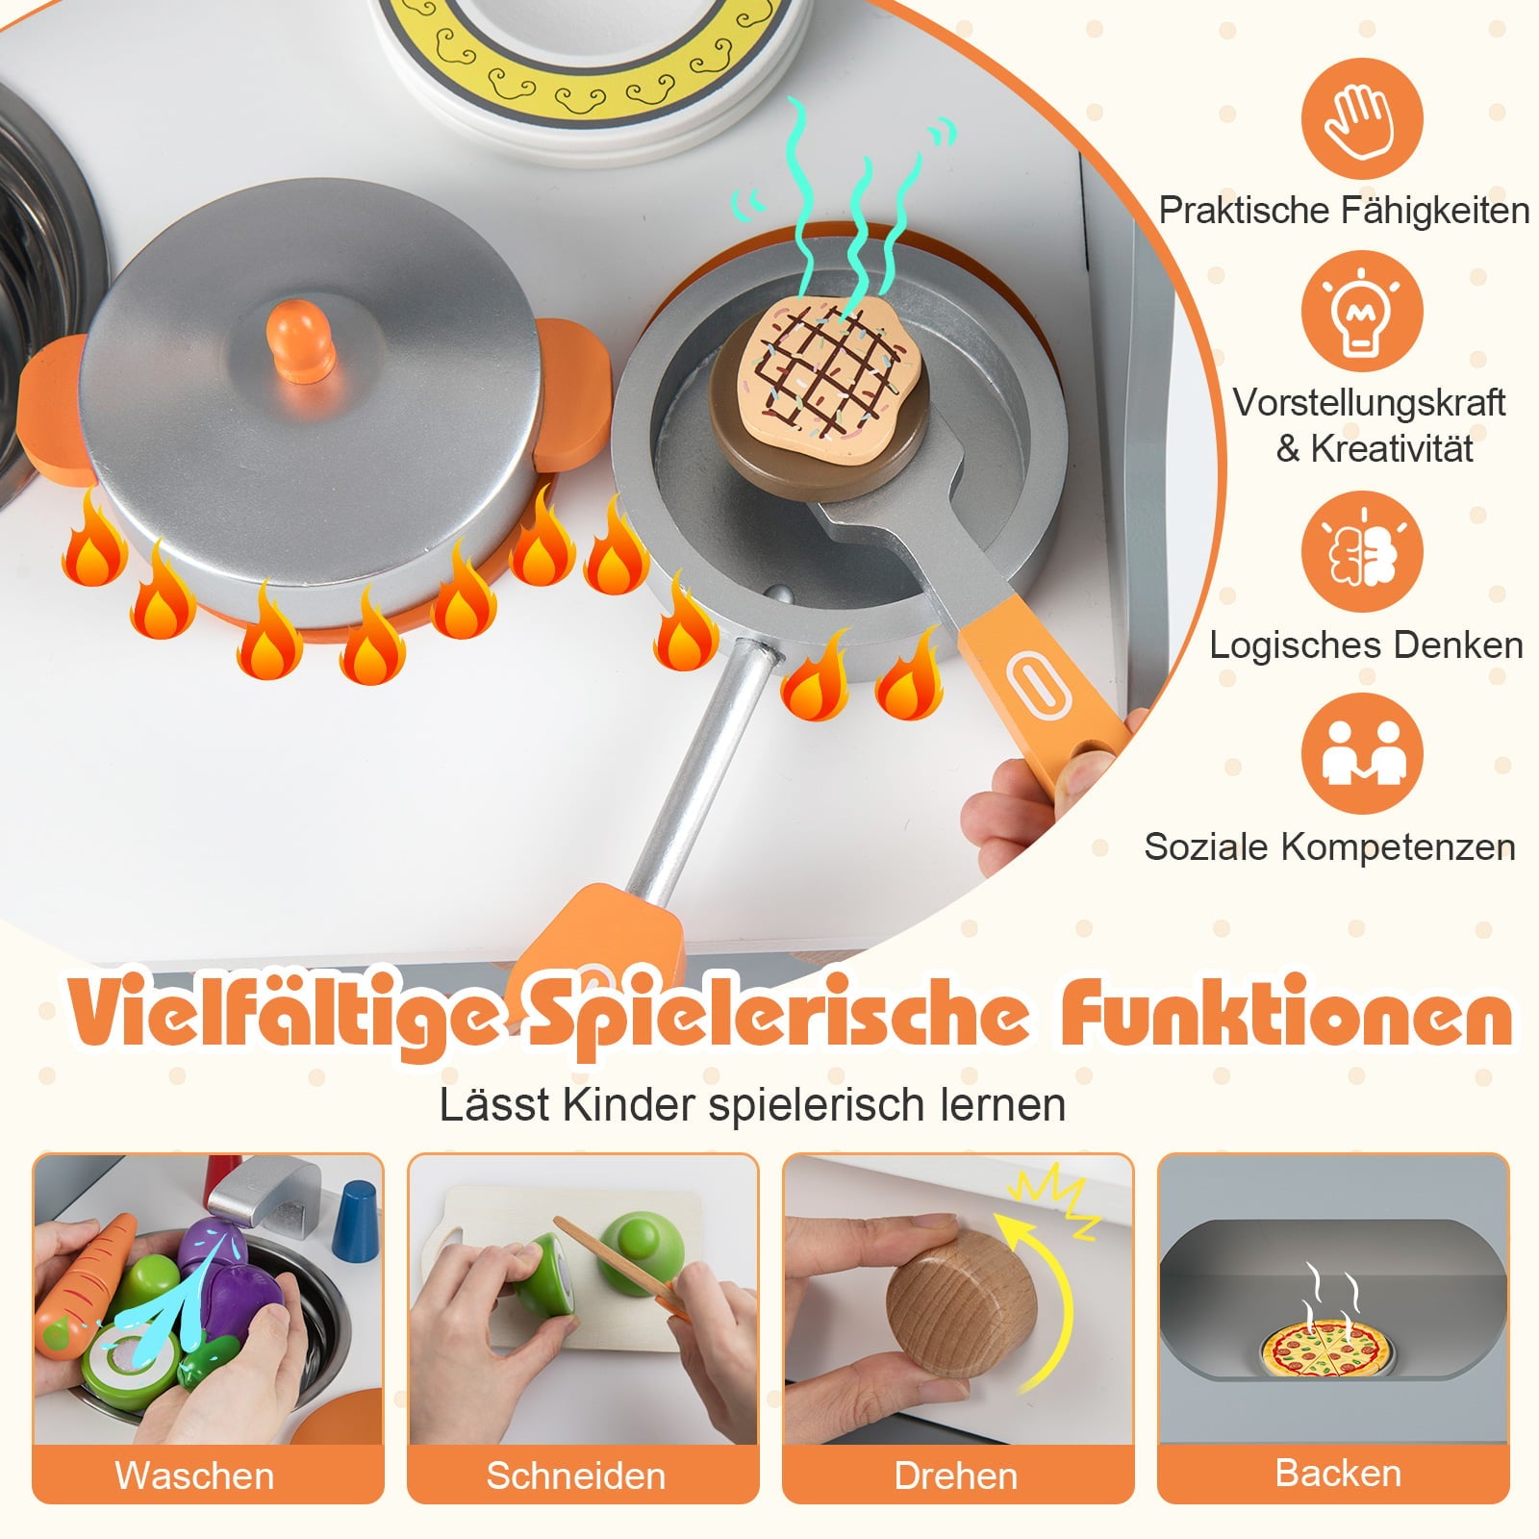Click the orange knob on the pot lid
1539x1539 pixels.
300,339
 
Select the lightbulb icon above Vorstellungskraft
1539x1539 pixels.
1362,311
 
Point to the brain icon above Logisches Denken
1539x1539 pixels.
1362,552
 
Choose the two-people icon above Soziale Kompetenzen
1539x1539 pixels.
1362,753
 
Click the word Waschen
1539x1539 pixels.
194,1475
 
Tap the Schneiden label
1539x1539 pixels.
575,1475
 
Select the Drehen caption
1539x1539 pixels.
955,1475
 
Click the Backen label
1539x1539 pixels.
1337,1473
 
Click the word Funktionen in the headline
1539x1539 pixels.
1286,1014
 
